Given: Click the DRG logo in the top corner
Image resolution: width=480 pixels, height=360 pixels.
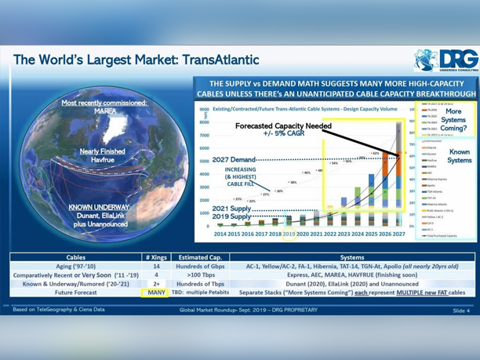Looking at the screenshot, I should pyautogui.click(x=443, y=60).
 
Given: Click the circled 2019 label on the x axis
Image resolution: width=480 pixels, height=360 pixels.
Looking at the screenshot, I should pyautogui.click(x=289, y=234).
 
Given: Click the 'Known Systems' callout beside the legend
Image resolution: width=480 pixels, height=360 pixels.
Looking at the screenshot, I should pyautogui.click(x=457, y=157).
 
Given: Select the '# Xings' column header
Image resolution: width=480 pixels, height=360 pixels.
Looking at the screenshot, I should pyautogui.click(x=156, y=256).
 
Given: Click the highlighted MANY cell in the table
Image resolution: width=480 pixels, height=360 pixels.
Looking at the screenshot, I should pyautogui.click(x=156, y=292).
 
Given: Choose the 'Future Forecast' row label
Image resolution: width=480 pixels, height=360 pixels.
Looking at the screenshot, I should pyautogui.click(x=76, y=292).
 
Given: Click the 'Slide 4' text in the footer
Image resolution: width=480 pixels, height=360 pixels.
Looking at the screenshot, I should pyautogui.click(x=460, y=311).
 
